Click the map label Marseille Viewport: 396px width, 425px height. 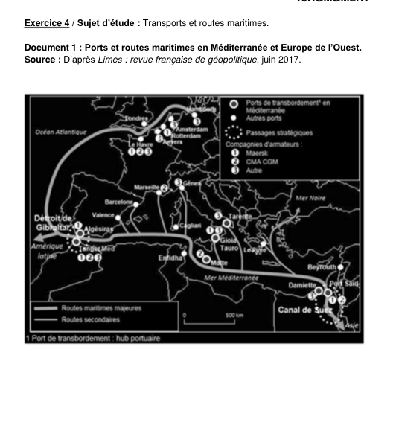145,187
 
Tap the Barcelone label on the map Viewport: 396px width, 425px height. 118,202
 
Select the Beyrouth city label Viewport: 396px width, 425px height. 324,266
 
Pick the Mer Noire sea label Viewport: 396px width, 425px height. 311,198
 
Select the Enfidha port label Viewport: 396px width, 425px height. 170,258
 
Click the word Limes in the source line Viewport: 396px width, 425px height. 109,59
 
